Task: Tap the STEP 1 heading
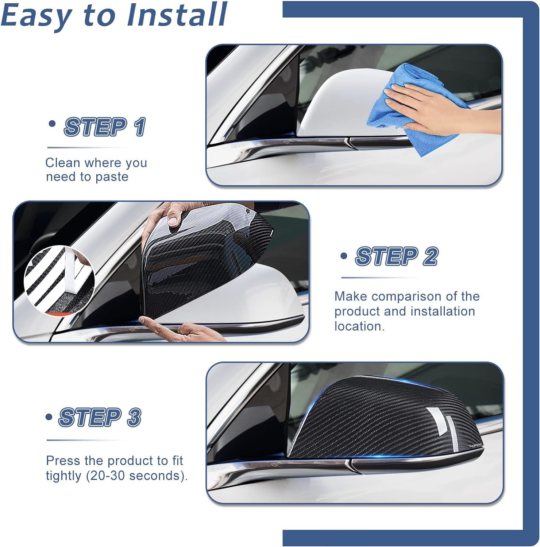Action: (105, 127)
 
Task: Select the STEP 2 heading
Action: (397, 256)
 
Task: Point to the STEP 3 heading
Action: (100, 417)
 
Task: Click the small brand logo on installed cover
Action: (475, 445)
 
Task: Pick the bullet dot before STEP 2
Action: (344, 256)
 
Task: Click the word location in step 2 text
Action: (359, 326)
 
